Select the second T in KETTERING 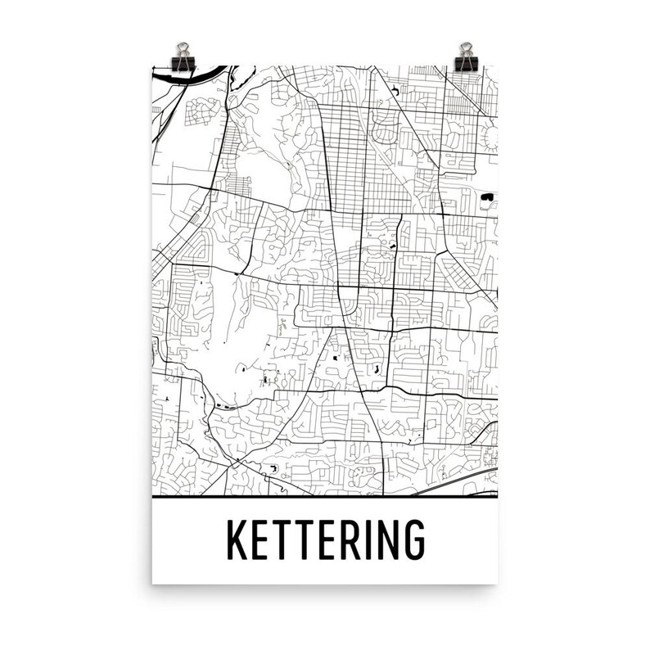tap(302, 539)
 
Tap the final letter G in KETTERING tap(412, 539)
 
